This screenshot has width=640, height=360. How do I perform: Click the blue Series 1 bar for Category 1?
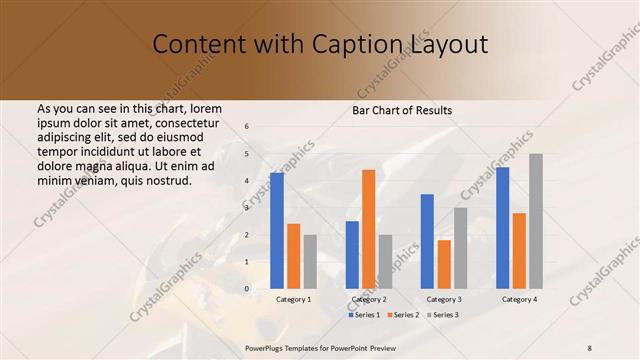point(277,231)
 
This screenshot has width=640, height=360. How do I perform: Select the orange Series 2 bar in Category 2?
point(368,229)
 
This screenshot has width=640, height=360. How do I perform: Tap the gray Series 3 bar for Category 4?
point(536,221)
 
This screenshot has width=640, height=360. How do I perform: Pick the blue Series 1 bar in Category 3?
point(427,241)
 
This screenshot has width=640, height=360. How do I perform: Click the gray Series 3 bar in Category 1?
point(309,262)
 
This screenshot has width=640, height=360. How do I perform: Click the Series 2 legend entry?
point(404,315)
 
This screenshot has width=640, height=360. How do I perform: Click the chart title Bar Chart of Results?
point(402,110)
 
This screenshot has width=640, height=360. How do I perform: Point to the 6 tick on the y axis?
point(247,127)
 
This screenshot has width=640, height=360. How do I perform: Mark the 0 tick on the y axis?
point(247,289)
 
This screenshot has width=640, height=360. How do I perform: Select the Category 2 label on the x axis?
point(368,300)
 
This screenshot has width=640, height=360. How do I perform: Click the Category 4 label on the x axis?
point(519,300)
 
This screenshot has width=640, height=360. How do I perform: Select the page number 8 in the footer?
point(590,347)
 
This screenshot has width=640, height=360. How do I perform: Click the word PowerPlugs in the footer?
point(266,347)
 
